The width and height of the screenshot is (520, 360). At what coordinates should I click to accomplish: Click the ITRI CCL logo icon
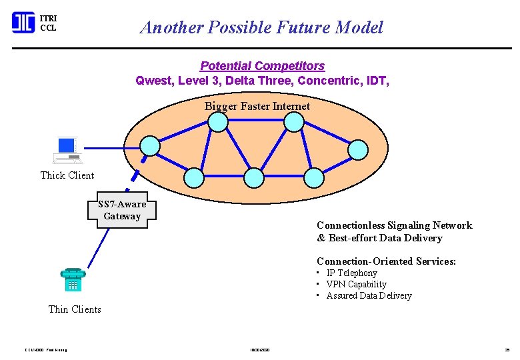click(23, 23)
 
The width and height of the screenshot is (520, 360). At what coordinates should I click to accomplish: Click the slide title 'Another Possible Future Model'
click(261, 27)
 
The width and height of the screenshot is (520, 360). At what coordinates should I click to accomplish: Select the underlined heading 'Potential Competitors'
click(262, 66)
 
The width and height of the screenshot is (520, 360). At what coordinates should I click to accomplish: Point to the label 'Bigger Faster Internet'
click(257, 106)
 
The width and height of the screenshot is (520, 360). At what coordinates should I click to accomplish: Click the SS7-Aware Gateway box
click(122, 210)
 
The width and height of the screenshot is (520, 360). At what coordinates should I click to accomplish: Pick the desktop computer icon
click(67, 150)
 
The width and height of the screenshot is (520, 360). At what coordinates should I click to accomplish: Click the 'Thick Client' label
click(67, 175)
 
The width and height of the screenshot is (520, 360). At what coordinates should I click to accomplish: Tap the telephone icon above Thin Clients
click(72, 279)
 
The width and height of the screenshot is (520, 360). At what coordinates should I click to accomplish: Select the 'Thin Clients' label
click(75, 309)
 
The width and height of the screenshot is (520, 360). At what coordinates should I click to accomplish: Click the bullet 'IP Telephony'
click(351, 273)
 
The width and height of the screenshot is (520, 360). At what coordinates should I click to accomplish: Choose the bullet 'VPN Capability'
click(356, 284)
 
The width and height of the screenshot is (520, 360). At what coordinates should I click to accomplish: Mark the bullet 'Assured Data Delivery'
click(369, 295)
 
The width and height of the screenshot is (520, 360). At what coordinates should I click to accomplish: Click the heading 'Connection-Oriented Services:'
click(386, 261)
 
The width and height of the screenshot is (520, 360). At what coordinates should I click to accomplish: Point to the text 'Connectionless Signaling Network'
click(394, 225)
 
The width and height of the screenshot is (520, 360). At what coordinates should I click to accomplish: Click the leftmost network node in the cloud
click(152, 145)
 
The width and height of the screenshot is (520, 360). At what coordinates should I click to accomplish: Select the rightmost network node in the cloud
click(359, 149)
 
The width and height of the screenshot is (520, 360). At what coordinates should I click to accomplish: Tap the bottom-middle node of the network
click(254, 177)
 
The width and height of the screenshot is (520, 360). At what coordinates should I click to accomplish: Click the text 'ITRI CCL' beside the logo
click(48, 23)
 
